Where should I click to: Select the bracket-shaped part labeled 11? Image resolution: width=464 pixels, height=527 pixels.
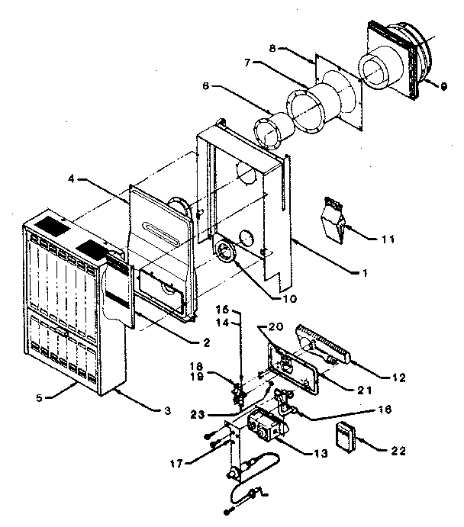tap(333, 217)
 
